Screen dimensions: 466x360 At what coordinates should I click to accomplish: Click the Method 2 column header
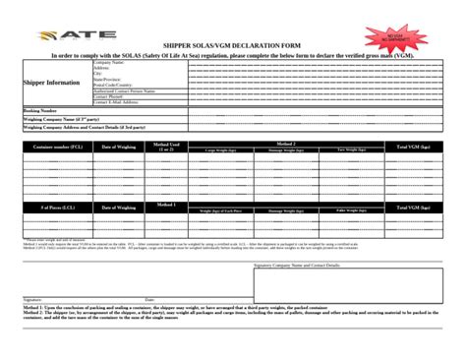pos(286,143)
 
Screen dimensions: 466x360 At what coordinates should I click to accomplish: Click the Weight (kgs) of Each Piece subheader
pos(221,212)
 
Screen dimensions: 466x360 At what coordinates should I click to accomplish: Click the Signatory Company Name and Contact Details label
pos(297,266)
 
